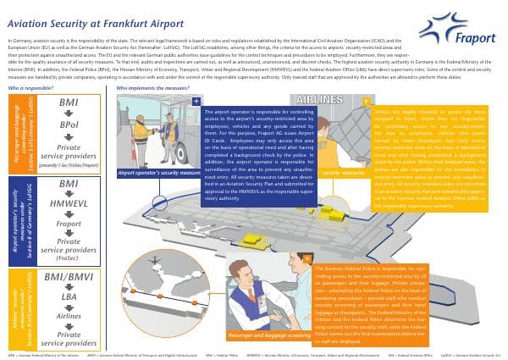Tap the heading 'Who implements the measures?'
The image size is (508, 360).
pyautogui.click(x=152, y=87)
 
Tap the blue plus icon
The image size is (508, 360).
pyautogui.click(x=196, y=101)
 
